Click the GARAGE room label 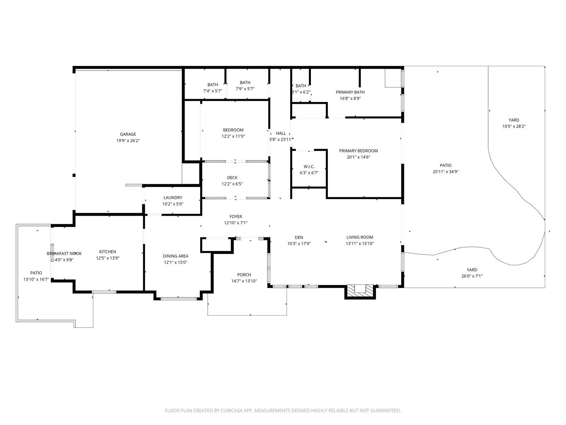point(128,134)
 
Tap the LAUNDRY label point(173,197)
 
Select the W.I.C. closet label point(309,166)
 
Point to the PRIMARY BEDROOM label point(358,151)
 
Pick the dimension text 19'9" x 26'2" point(128,141)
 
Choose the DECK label point(232,177)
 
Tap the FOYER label point(236,216)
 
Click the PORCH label point(244,275)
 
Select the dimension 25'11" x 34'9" point(446,172)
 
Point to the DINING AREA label point(175,256)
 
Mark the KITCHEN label point(108,251)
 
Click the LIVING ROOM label point(360,237)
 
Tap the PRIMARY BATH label point(350,92)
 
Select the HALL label point(281,133)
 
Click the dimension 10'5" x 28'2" point(514,126)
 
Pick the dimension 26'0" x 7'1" point(472,276)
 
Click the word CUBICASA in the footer point(232,410)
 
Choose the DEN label point(299,237)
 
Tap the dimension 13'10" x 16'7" point(36,279)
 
